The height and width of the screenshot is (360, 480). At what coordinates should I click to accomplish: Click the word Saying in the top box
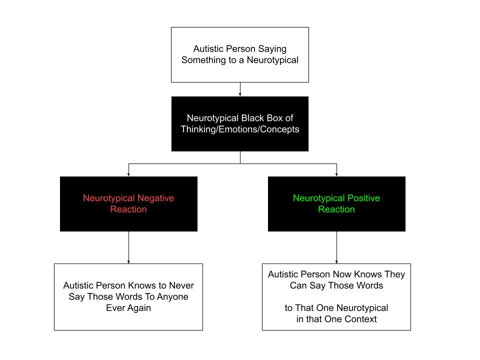point(273,49)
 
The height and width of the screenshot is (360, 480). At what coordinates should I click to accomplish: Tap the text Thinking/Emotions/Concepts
point(240,129)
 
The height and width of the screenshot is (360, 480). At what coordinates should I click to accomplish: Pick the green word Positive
point(358,198)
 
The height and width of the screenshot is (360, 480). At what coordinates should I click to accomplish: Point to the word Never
point(182,286)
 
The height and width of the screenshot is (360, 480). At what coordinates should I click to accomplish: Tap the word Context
point(358,319)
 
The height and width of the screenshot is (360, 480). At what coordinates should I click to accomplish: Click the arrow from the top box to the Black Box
point(240,89)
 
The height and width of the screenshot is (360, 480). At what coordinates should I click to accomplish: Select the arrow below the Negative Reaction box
point(129,247)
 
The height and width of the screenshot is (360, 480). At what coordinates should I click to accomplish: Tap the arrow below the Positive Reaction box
point(336,247)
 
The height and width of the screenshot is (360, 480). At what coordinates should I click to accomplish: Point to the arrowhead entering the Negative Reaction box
point(129,174)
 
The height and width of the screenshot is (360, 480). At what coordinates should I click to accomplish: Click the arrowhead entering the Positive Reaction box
point(336,174)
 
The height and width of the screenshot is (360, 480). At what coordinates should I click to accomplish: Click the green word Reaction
point(336,209)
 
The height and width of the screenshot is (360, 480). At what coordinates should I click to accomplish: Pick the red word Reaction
point(128,209)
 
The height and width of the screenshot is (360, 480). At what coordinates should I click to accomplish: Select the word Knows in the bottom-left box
point(137,286)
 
